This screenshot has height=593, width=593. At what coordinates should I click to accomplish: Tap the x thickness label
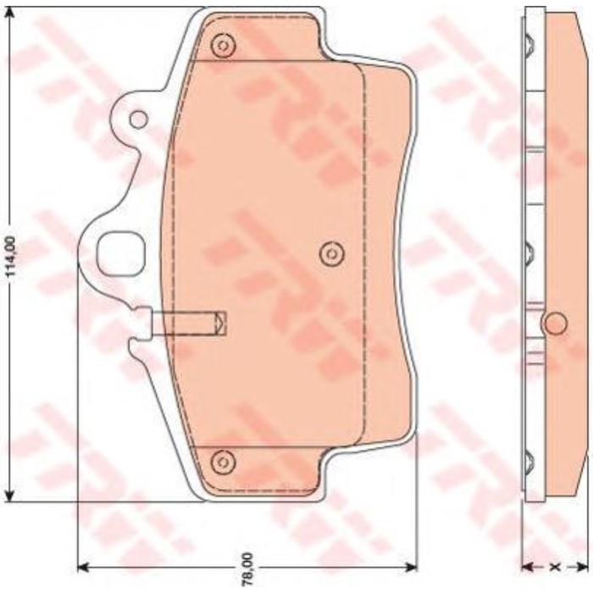(555, 567)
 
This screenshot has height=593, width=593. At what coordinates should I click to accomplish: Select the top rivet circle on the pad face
(224, 46)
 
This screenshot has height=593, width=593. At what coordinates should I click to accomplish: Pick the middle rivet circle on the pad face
(332, 254)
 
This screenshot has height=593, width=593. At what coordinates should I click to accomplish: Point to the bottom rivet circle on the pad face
(224, 462)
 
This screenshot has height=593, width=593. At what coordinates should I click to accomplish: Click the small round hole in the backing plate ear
(139, 119)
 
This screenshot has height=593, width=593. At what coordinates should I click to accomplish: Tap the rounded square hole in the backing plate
(121, 254)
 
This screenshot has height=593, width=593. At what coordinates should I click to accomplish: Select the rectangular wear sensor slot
(189, 324)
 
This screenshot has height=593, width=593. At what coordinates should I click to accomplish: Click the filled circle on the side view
(556, 324)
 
